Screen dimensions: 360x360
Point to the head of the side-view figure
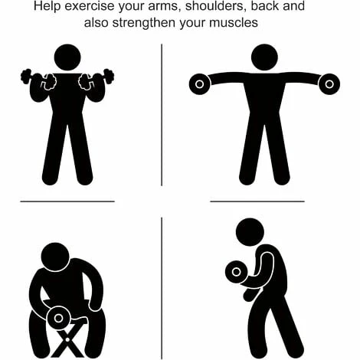pos(250,231)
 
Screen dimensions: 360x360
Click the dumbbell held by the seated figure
pos(57,316)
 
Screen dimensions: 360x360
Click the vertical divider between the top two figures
pos(162,115)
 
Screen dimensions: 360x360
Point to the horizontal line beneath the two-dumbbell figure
pos(67,201)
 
